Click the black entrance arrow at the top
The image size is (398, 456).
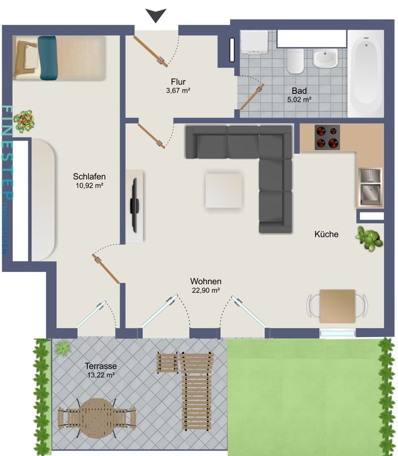click(x=156, y=15)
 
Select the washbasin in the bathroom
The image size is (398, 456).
click(x=325, y=58)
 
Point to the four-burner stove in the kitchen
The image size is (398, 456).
click(x=328, y=137)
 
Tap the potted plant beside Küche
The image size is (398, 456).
click(x=369, y=239)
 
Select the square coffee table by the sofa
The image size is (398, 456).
click(x=224, y=190)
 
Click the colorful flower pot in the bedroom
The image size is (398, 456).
click(x=25, y=121)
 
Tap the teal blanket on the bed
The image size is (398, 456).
click(x=47, y=58)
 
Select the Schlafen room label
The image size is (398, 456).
click(x=89, y=177)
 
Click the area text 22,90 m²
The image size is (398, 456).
click(x=206, y=291)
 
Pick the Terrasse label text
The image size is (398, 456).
click(x=101, y=366)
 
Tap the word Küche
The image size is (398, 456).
click(x=326, y=234)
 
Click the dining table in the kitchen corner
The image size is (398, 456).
click(x=337, y=306)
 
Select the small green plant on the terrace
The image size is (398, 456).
click(x=63, y=348)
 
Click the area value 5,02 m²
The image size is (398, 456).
click(x=299, y=99)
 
